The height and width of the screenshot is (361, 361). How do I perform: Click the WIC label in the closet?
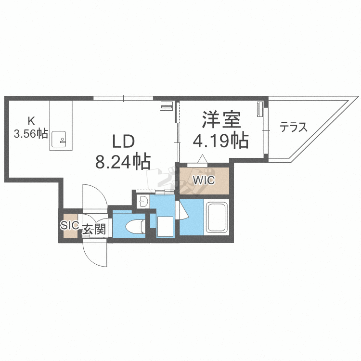204,180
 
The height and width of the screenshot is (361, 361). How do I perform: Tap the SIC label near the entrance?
70,225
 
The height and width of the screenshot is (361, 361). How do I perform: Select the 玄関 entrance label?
94,229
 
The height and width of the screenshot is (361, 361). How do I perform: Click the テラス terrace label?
294,127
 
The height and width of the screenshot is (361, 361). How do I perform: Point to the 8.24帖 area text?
123,161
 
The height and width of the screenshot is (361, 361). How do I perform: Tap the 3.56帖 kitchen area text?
31,133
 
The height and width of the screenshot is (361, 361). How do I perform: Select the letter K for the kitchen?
31,120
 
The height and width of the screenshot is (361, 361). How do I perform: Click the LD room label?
123,141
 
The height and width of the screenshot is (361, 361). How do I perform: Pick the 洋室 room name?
221,119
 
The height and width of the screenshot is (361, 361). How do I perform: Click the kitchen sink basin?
58,139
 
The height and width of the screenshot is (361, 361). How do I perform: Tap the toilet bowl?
134,226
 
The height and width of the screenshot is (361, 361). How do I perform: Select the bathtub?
217,218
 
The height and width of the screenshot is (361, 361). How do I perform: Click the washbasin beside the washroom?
143,202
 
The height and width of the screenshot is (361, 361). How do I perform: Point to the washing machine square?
165,226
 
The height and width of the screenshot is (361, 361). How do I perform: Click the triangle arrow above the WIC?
203,159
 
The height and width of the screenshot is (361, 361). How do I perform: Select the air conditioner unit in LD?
167,106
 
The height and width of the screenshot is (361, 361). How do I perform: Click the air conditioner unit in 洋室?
260,109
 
